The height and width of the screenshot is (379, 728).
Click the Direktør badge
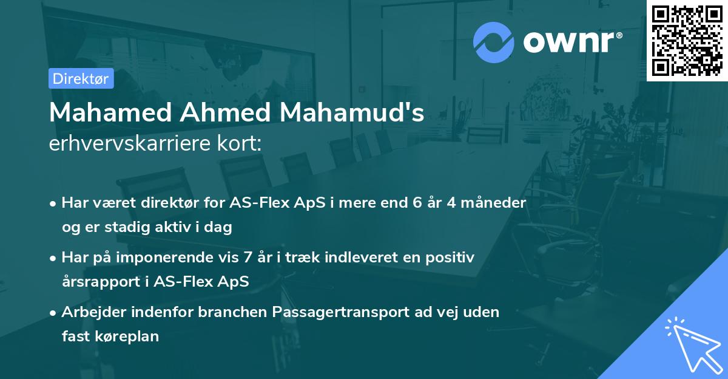[x=81, y=78]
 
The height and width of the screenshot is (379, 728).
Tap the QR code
[x=687, y=40]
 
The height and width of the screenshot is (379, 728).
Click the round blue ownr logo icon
[x=494, y=42]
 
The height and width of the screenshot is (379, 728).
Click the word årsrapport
[x=100, y=281]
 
